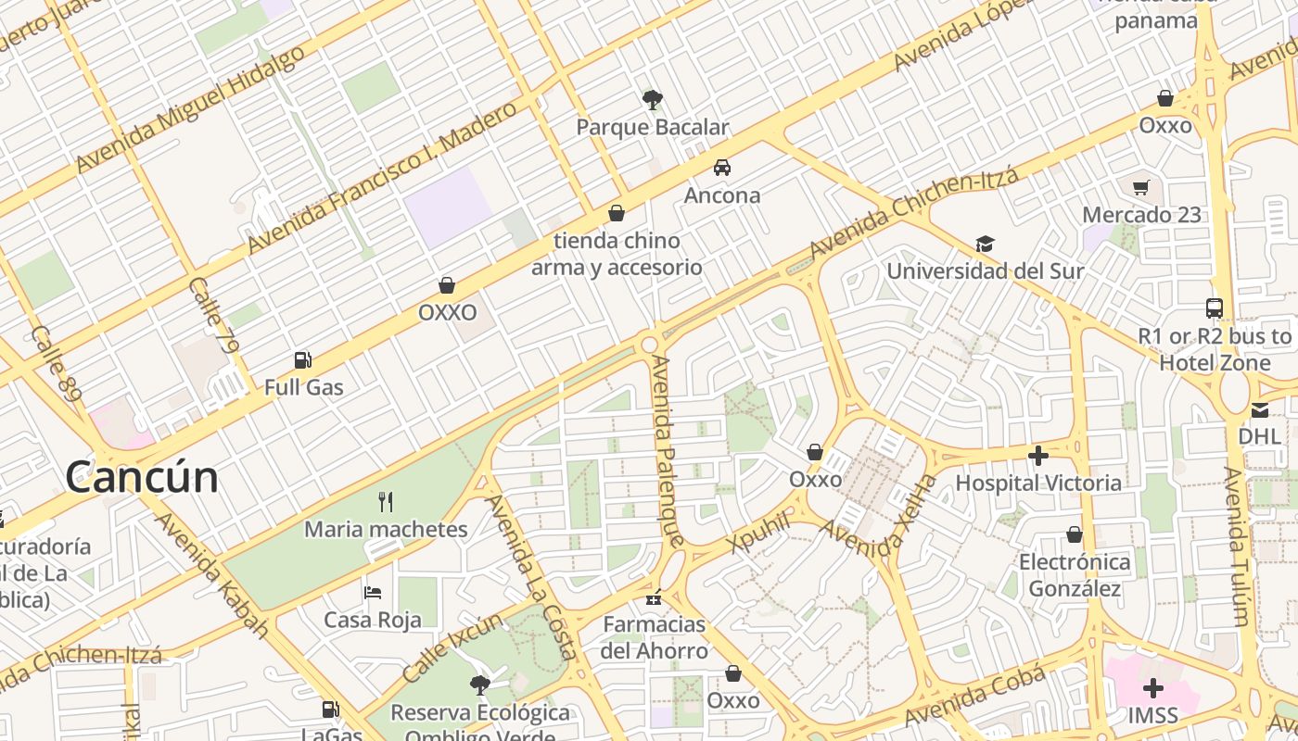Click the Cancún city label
point(142,477)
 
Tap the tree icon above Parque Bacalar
point(653,99)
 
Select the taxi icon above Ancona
point(721,168)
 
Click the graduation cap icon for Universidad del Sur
point(985,245)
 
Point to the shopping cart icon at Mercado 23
point(1141,188)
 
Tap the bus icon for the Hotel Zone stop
point(1214,308)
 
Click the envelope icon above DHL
point(1259,409)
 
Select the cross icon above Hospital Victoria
point(1038,456)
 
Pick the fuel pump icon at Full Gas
point(302,360)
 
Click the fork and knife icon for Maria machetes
point(386,503)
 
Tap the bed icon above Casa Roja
point(373,593)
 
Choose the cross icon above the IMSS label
point(1153,688)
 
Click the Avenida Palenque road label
point(668,450)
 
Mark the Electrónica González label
point(1075,575)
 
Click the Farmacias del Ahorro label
point(655,637)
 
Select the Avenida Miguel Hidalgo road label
point(190,108)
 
